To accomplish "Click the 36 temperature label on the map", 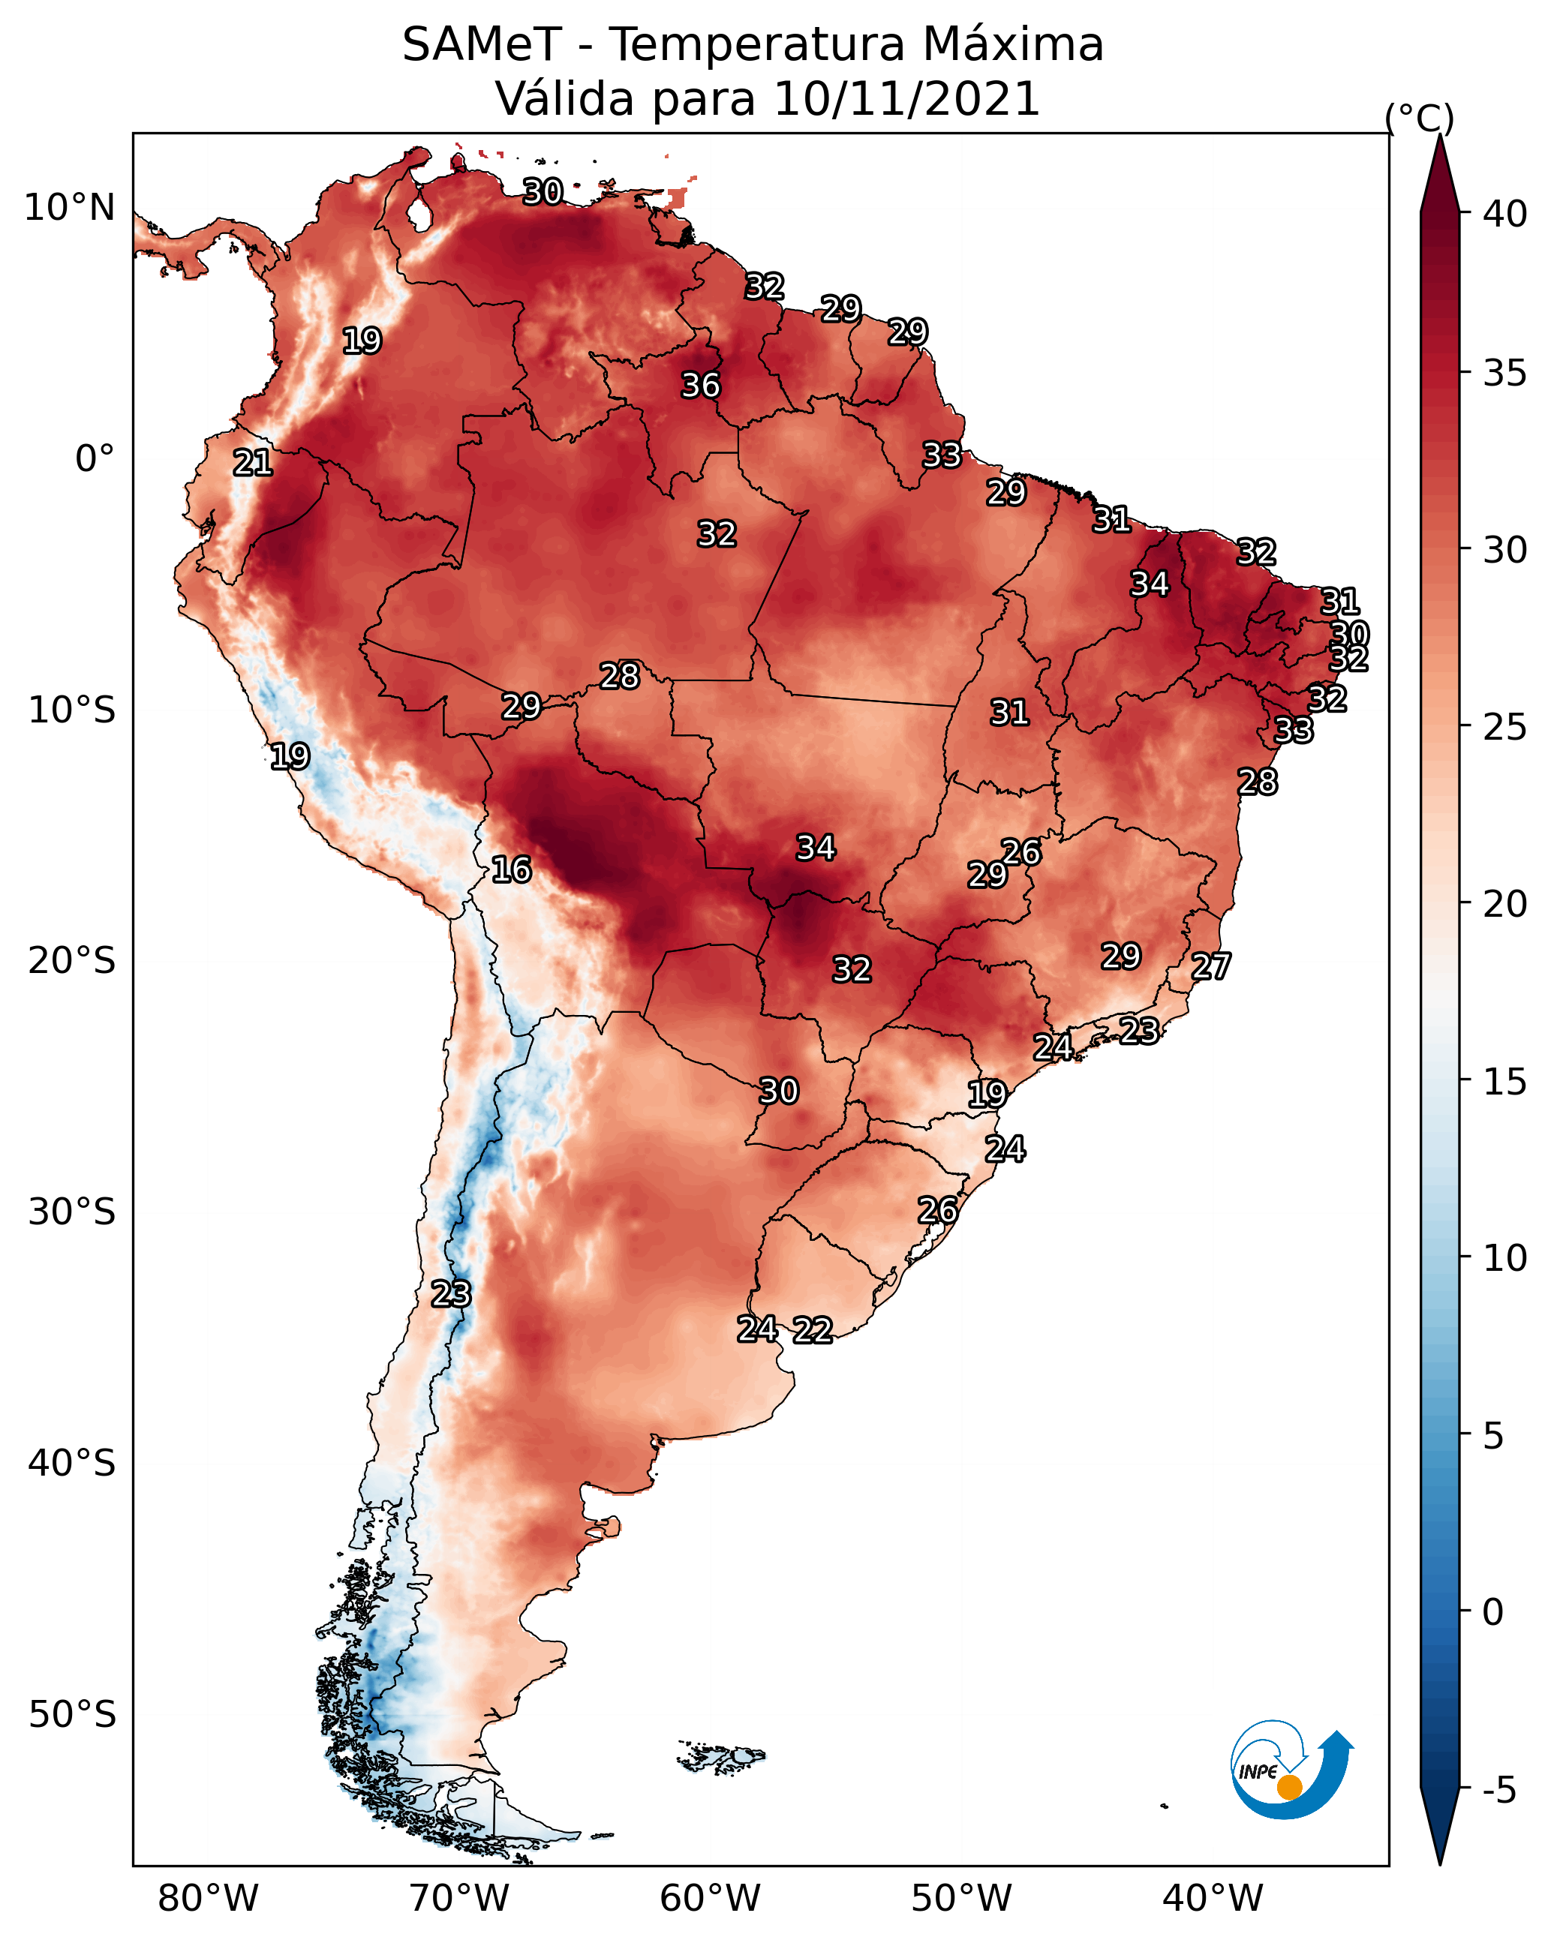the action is coord(700,385).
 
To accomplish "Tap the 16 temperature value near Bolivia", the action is coord(511,869).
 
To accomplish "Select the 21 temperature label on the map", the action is coord(253,463).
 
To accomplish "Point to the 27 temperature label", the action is coord(1211,966).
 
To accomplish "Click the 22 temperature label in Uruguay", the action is coord(813,1329).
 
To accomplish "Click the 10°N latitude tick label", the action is coord(69,208).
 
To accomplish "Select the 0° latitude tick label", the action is coord(95,459).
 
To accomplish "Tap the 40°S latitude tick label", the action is coord(72,1463).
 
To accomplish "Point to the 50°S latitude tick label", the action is coord(72,1715).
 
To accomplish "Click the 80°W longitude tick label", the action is coord(208,1898).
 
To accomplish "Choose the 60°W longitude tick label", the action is coord(711,1898).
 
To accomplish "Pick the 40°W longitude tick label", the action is coord(1213,1898).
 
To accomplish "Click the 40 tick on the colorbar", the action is coord(1505,214).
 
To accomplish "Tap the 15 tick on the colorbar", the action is coord(1505,1082).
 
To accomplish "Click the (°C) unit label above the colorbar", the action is coord(1420,118).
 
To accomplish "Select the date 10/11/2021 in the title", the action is coord(906,98).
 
